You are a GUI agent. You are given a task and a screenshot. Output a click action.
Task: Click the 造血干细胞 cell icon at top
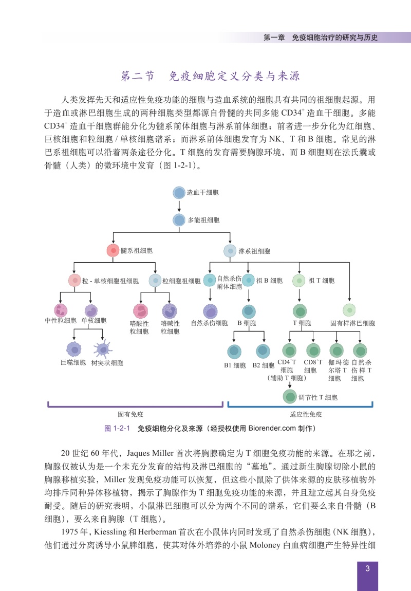tap(179, 193)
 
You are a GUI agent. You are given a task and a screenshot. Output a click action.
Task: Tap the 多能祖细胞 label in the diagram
tap(203, 220)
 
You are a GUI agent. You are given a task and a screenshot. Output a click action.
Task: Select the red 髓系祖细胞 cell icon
tap(113, 251)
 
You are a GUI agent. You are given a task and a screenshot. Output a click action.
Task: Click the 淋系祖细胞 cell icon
tap(230, 251)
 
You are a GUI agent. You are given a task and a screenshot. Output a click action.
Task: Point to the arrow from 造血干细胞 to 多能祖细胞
tap(179, 206)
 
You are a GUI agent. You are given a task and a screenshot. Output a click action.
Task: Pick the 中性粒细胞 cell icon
tap(61, 310)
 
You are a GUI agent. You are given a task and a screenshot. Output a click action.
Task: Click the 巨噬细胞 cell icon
tap(74, 350)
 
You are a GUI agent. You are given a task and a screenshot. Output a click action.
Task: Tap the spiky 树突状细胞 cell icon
tap(102, 349)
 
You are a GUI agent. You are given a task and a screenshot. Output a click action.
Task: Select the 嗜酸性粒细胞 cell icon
tap(141, 311)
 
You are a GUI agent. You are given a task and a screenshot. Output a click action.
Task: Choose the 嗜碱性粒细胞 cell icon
tap(170, 311)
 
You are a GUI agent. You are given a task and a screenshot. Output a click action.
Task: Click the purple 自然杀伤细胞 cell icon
tap(210, 312)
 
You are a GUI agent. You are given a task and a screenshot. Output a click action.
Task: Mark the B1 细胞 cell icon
tap(234, 352)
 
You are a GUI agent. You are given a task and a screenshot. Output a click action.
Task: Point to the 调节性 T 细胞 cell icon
tap(290, 397)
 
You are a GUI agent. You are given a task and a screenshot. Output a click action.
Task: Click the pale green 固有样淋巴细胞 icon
tap(349, 310)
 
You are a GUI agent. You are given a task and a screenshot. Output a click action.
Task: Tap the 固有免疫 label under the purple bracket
tap(130, 415)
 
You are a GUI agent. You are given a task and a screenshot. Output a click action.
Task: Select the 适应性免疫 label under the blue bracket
tap(306, 415)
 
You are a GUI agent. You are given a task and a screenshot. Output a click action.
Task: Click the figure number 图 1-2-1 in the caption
tap(117, 429)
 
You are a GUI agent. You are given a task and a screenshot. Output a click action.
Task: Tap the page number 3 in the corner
tap(367, 568)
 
